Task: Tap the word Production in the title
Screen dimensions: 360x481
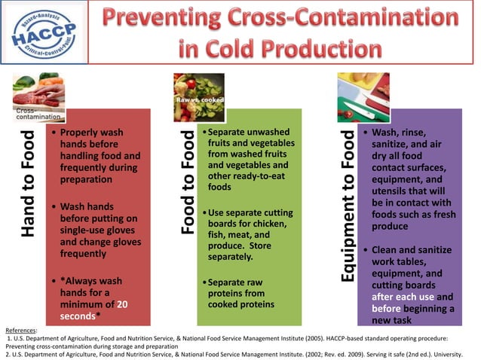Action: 321,49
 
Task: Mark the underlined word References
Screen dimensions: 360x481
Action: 20,330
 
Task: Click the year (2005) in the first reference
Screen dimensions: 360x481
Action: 343,338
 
